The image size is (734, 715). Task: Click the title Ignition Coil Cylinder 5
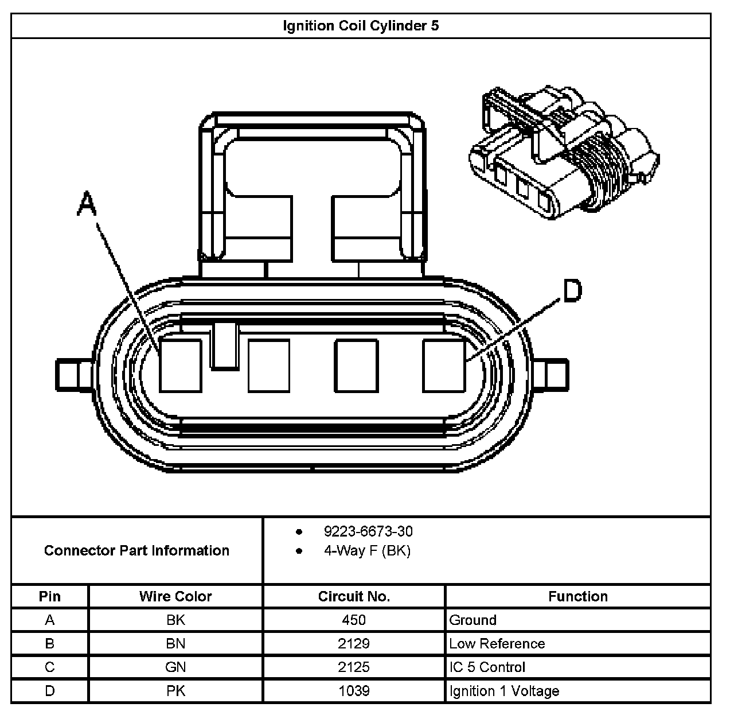(x=361, y=26)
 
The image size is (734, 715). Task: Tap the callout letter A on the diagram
(x=87, y=204)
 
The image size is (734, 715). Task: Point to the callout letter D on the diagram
(x=572, y=290)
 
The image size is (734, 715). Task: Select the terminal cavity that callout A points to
(x=181, y=366)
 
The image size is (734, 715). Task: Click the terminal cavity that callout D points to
(x=444, y=366)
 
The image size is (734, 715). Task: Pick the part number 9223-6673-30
(x=368, y=531)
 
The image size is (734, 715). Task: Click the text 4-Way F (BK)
(x=367, y=551)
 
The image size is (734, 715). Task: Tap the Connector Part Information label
(x=136, y=551)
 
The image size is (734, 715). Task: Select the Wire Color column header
(x=175, y=596)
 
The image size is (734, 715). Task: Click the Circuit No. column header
(x=354, y=596)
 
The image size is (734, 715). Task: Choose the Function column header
(x=577, y=596)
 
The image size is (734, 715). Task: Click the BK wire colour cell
(x=175, y=620)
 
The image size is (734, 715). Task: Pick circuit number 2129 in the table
(x=354, y=643)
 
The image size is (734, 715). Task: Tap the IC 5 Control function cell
(x=487, y=667)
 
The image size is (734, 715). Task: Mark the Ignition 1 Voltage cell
(x=504, y=691)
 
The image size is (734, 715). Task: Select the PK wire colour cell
(x=175, y=691)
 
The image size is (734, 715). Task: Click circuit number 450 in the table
(x=354, y=620)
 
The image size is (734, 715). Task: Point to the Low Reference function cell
(x=497, y=643)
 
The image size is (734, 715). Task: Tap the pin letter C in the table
(x=50, y=667)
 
